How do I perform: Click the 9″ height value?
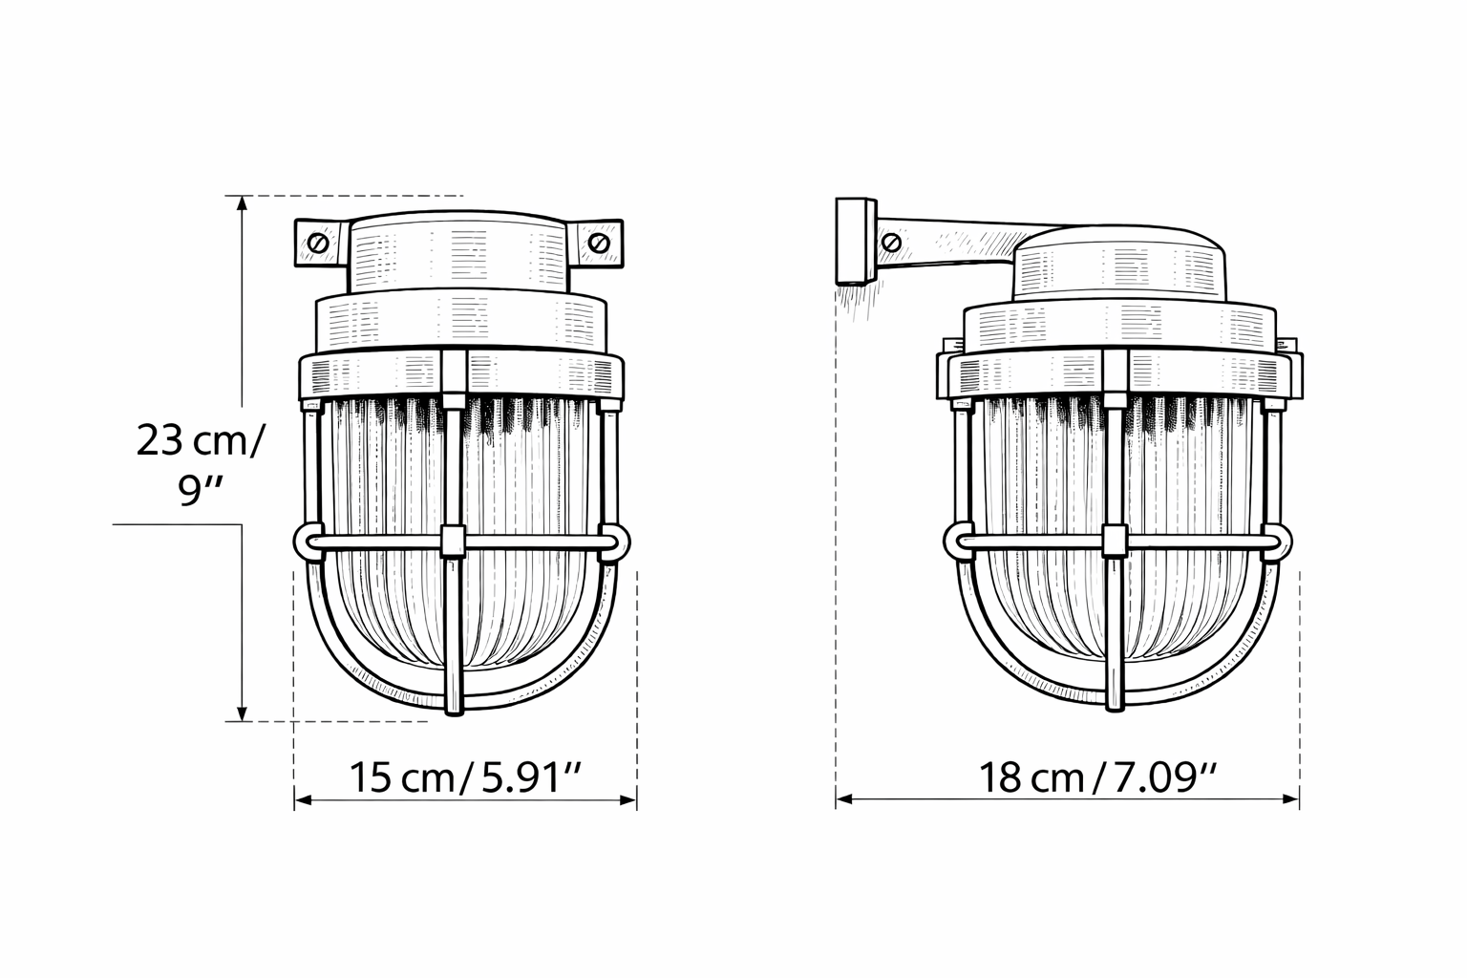click(x=201, y=495)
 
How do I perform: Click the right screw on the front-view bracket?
click(x=599, y=244)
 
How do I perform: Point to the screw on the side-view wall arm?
click(x=892, y=242)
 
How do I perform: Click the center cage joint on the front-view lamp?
click(x=454, y=541)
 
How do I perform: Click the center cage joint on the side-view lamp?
click(x=1114, y=541)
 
